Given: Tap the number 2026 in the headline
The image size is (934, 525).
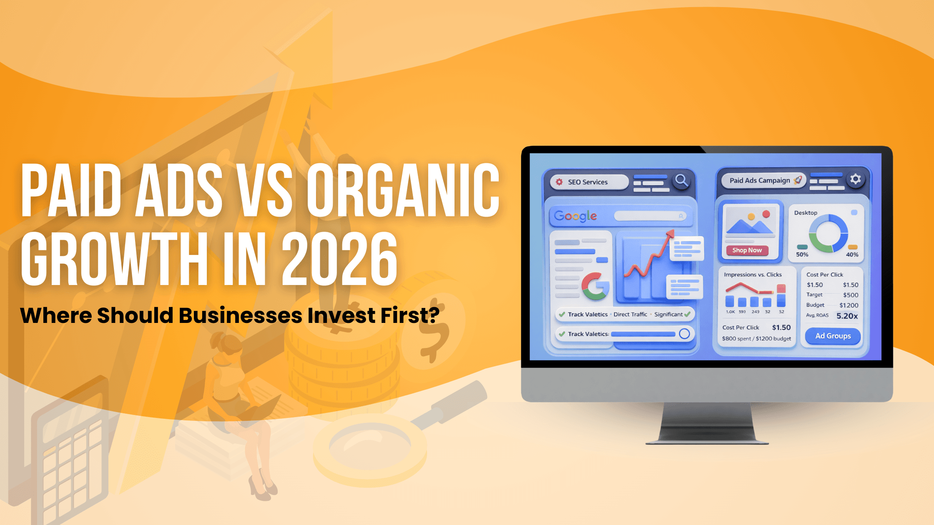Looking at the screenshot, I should pyautogui.click(x=339, y=259).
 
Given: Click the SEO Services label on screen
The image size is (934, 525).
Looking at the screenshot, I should pyautogui.click(x=588, y=182).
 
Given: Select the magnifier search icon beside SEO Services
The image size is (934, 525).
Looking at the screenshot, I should pyautogui.click(x=681, y=180).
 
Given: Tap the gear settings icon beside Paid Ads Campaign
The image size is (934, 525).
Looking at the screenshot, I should pyautogui.click(x=855, y=179).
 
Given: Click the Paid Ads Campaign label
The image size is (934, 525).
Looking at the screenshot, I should pyautogui.click(x=759, y=180).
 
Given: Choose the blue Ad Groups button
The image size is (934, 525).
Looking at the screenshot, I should pyautogui.click(x=833, y=336).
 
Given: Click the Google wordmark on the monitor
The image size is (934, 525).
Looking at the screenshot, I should pyautogui.click(x=575, y=216).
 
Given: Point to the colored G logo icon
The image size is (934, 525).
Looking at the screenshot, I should pyautogui.click(x=595, y=286).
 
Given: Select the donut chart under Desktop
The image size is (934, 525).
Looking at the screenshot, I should pyautogui.click(x=828, y=233).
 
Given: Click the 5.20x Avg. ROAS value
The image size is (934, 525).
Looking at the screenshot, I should pyautogui.click(x=847, y=316).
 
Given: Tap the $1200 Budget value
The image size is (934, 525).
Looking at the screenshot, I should pyautogui.click(x=849, y=305).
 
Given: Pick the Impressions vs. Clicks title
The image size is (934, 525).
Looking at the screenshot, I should pyautogui.click(x=753, y=275).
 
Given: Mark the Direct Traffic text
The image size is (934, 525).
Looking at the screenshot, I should pyautogui.click(x=630, y=314).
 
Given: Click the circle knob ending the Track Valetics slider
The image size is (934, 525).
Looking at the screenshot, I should pyautogui.click(x=684, y=334).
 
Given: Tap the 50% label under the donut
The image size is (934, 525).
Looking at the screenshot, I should pyautogui.click(x=802, y=255).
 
